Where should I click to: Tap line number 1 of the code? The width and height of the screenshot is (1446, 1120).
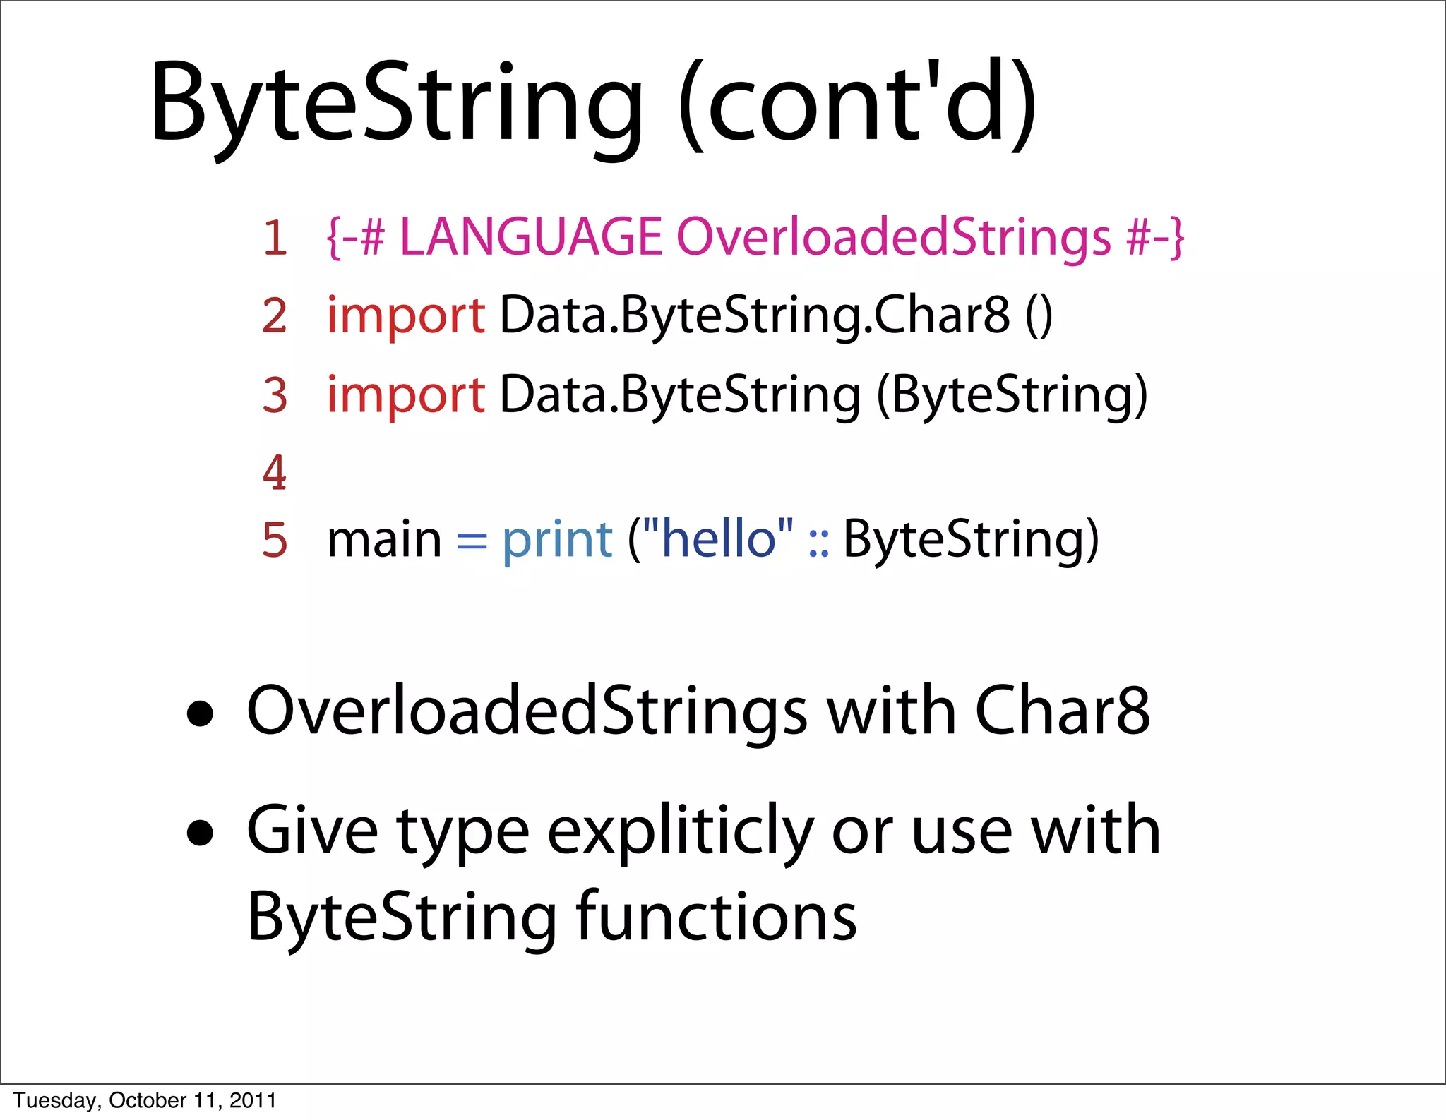pos(275,238)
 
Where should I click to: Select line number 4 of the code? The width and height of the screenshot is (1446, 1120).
pos(275,473)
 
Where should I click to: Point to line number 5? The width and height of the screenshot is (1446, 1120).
pos(275,540)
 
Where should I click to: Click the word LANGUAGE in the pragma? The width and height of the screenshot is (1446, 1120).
pos(531,236)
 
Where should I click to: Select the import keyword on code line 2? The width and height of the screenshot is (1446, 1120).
pos(405,315)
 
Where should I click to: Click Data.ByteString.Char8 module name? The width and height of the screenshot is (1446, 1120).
pos(754,315)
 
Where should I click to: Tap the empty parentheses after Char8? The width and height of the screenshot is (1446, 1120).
pos(1039,315)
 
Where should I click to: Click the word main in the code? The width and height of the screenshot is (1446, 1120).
pos(384,540)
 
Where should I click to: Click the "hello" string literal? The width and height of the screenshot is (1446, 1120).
pos(717,538)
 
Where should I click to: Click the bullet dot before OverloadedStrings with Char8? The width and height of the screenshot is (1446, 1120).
pos(201,713)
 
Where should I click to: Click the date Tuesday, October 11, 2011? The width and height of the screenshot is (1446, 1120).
pos(145,1100)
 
